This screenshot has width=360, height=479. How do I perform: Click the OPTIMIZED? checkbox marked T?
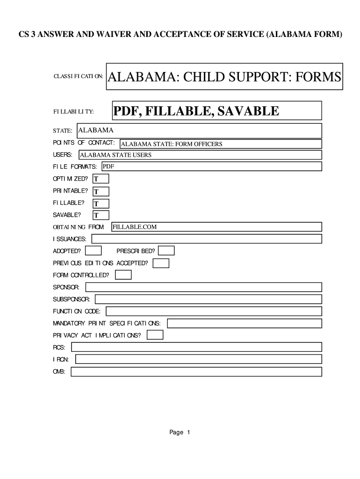101,179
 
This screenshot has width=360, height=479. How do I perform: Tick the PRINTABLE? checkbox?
101,191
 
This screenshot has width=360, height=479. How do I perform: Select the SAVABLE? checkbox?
101,215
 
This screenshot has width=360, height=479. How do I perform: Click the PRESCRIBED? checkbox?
167,251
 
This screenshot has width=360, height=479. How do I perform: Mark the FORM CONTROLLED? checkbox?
123,275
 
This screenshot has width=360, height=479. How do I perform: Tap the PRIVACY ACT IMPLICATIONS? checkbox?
155,335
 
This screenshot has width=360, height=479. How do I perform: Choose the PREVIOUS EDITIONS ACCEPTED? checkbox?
161,263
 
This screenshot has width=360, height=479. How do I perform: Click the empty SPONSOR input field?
203,287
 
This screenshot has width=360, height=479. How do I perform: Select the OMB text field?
196,371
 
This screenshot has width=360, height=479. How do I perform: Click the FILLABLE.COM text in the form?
135,227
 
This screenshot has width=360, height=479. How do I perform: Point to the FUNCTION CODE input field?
214,311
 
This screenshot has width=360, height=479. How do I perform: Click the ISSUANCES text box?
207,239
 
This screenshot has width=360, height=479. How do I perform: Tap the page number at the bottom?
180,432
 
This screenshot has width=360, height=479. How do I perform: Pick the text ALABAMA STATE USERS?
116,155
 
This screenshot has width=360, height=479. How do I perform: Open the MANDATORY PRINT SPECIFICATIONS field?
245,323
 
